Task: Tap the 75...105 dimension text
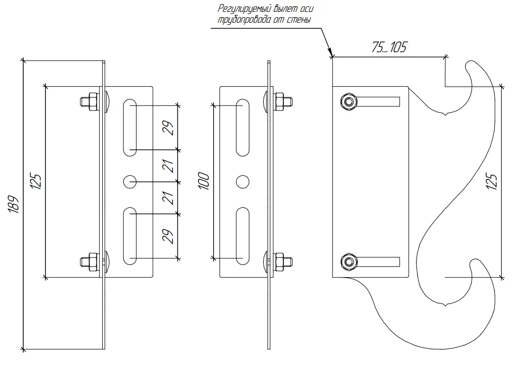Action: (x=389, y=48)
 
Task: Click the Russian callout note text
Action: (x=263, y=14)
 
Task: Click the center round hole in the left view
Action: (x=130, y=181)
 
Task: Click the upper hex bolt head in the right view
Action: (x=348, y=101)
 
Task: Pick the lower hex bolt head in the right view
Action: (x=348, y=262)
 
